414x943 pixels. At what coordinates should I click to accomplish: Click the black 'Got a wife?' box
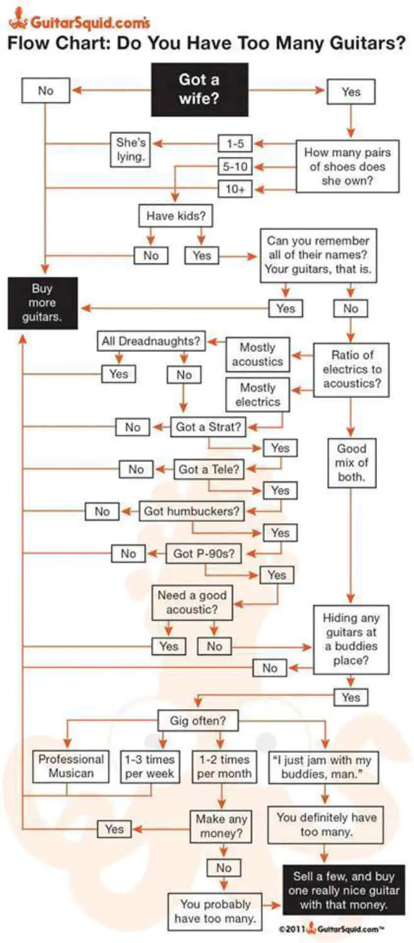[199, 89]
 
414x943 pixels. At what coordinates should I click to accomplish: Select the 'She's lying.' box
[131, 150]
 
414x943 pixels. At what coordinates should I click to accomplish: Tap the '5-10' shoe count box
[235, 167]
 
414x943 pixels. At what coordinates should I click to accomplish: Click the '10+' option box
[235, 189]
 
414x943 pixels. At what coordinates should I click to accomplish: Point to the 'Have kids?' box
[176, 216]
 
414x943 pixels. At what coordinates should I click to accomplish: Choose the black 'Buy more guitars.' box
[43, 302]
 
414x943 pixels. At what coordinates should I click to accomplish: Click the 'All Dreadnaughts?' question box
[151, 341]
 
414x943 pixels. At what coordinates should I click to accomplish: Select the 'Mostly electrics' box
[258, 394]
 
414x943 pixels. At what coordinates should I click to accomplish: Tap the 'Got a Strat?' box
[208, 427]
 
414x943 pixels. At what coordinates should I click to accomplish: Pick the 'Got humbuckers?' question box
[192, 511]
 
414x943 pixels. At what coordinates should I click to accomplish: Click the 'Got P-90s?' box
[204, 553]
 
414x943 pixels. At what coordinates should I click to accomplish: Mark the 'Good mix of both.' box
[352, 463]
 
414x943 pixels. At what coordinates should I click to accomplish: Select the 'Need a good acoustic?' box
[192, 602]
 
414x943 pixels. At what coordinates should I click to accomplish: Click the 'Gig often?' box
[198, 720]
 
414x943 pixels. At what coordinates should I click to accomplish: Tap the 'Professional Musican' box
[70, 766]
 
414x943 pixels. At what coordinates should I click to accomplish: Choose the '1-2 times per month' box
[224, 766]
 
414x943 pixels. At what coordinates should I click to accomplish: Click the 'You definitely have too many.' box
[325, 825]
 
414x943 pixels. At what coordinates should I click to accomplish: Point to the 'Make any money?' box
[221, 827]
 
